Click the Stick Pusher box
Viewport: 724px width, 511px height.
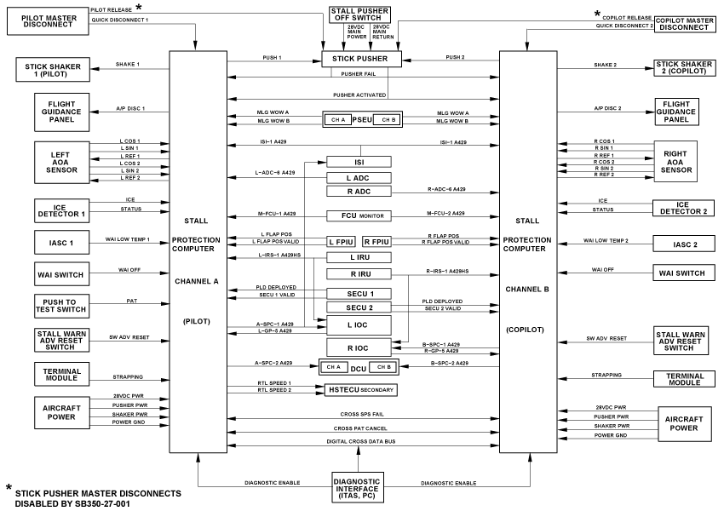coord(360,59)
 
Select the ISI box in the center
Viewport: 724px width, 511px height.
coord(359,162)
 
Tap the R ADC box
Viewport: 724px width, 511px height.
coord(359,192)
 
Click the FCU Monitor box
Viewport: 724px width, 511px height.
coord(359,216)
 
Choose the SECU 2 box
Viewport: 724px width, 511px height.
coord(359,307)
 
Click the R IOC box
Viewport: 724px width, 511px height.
coord(359,347)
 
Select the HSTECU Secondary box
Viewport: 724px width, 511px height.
coord(361,389)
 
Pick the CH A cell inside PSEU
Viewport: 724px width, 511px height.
coord(338,119)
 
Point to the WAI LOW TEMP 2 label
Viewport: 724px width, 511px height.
coord(606,241)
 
